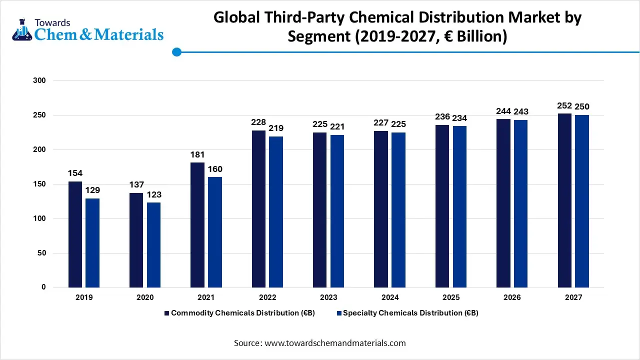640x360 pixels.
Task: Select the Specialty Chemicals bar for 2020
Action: pyautogui.click(x=153, y=244)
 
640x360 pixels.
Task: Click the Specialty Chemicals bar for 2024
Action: pyautogui.click(x=398, y=209)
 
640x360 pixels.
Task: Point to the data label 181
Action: pyautogui.click(x=197, y=155)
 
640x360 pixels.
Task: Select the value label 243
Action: pyautogui.click(x=520, y=111)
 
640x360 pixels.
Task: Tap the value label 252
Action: pyautogui.click(x=564, y=106)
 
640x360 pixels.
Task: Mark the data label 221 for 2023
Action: pyautogui.click(x=337, y=127)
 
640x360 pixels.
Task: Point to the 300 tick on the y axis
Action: pyautogui.click(x=39, y=80)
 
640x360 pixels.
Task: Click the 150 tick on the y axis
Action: pyautogui.click(x=39, y=184)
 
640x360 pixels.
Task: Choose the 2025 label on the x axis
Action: pyautogui.click(x=450, y=297)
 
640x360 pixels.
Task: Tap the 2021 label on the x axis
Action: pyautogui.click(x=206, y=297)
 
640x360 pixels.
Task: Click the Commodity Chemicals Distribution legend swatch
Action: pyautogui.click(x=167, y=313)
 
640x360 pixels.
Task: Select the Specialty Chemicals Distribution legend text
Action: pyautogui.click(x=410, y=313)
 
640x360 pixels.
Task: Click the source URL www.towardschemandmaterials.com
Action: pyautogui.click(x=335, y=343)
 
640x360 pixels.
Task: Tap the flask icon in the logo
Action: pyautogui.click(x=21, y=30)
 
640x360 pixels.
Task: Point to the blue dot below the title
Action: pyautogui.click(x=176, y=51)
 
